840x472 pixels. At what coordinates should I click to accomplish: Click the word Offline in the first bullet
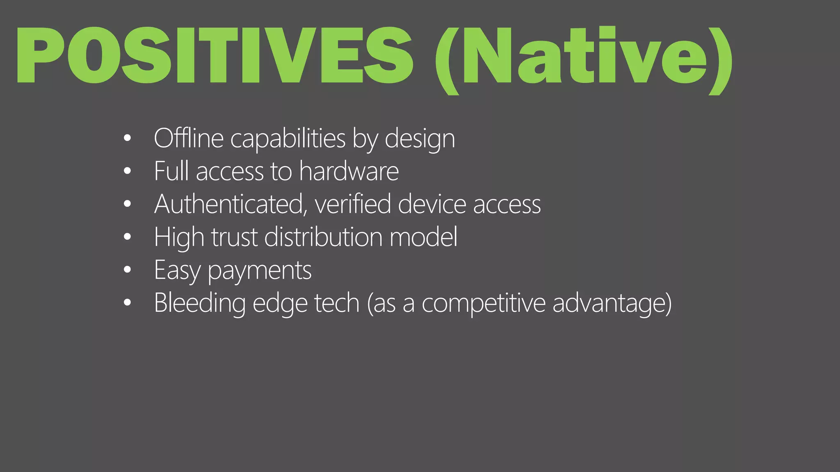pyautogui.click(x=189, y=138)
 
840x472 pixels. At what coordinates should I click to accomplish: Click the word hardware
pyautogui.click(x=349, y=171)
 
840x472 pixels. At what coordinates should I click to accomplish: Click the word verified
pyautogui.click(x=353, y=204)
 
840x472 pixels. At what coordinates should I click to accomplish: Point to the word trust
pyautogui.click(x=234, y=237)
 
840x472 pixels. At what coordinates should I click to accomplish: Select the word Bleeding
pyautogui.click(x=200, y=304)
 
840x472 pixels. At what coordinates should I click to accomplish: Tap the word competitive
pyautogui.click(x=484, y=304)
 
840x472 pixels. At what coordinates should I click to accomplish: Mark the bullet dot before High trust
pyautogui.click(x=127, y=236)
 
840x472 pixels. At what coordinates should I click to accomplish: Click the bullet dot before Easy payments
pyautogui.click(x=127, y=270)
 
